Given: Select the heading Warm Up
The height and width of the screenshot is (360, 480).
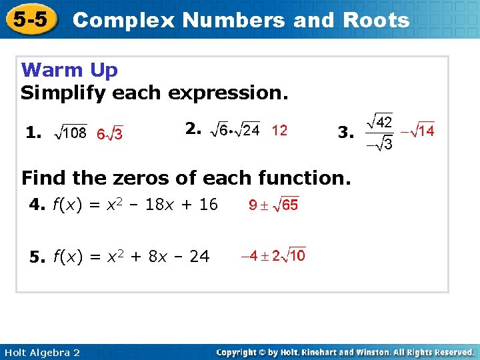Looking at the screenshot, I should pyautogui.click(x=69, y=70).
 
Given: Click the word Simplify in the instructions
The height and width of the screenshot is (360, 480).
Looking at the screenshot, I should pyautogui.click(x=63, y=93).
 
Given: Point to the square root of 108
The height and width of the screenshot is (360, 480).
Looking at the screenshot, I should pyautogui.click(x=69, y=133).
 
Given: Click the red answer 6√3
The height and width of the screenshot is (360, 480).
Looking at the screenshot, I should pyautogui.click(x=110, y=134).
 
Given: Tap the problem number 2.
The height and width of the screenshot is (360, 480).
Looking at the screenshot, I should pyautogui.click(x=193, y=129).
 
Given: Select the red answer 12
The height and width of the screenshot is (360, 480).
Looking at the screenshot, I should pyautogui.click(x=279, y=131).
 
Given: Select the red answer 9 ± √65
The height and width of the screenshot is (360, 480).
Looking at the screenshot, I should pyautogui.click(x=273, y=205).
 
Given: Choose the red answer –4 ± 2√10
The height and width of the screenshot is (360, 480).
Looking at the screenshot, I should pyautogui.click(x=273, y=255).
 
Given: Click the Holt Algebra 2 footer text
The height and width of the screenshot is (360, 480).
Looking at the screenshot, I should pyautogui.click(x=41, y=352).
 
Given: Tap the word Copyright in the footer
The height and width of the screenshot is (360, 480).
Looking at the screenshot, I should pyautogui.click(x=239, y=352).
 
